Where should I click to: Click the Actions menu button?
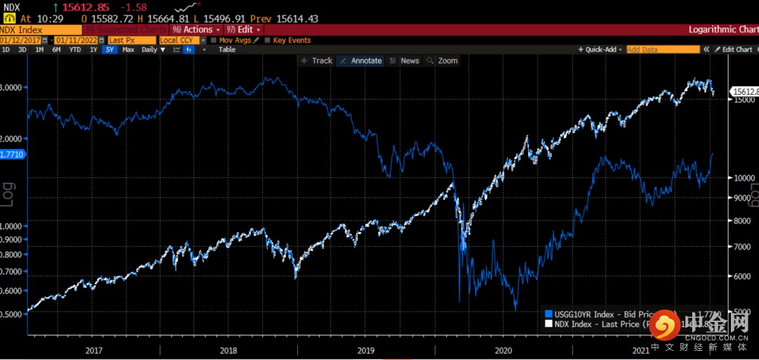(x=197, y=30)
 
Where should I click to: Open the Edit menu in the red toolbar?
(x=245, y=30)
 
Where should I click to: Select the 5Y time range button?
(x=110, y=50)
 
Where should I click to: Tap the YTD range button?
(x=74, y=50)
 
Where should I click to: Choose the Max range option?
(x=128, y=50)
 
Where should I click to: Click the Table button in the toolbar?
(x=226, y=50)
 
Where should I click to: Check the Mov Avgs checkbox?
(x=214, y=40)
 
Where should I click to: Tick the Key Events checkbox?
(x=267, y=40)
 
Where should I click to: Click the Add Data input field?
(x=663, y=50)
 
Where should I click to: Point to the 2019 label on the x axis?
(x=365, y=349)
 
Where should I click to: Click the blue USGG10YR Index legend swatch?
(x=549, y=314)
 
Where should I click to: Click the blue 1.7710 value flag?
(x=13, y=153)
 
